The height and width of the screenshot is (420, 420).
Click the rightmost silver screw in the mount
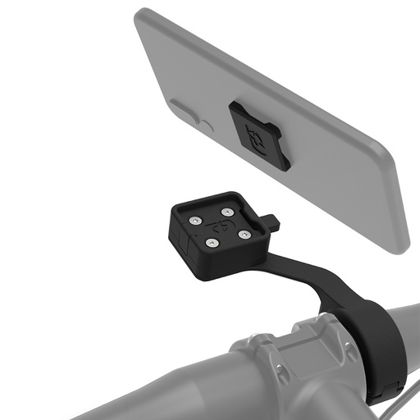244,235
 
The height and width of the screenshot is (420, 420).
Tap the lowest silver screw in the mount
210,243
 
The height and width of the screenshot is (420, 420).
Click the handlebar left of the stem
123,386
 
